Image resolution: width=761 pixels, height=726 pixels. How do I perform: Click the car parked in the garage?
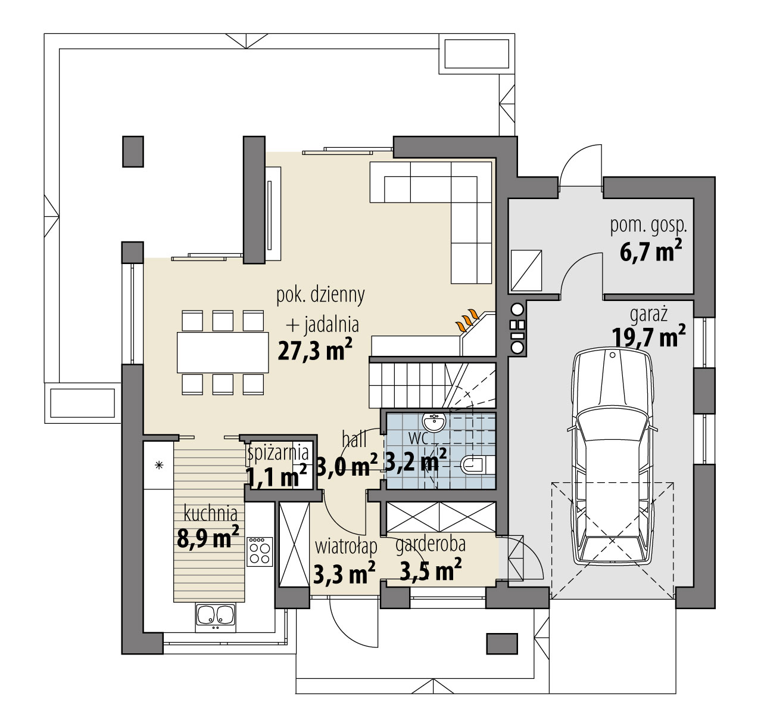click(x=612, y=457)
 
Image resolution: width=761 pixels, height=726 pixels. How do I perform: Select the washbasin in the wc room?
click(x=434, y=422)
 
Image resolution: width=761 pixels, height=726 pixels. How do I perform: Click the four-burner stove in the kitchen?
click(x=260, y=551)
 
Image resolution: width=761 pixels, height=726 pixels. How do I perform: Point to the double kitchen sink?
click(x=216, y=615)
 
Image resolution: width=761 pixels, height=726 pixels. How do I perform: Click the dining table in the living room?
click(x=223, y=352)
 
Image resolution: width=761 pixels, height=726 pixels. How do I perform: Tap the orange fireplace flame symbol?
click(x=468, y=320)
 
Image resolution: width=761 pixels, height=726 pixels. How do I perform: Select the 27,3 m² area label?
click(x=315, y=349)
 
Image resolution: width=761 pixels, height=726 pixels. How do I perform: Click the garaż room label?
click(x=648, y=314)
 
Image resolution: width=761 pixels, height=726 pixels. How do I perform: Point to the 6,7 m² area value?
click(x=651, y=252)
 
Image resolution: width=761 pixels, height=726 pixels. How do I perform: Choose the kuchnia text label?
click(x=211, y=513)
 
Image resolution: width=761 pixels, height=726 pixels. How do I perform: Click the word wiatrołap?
click(x=346, y=547)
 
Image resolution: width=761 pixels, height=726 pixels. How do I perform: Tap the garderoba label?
click(x=431, y=544)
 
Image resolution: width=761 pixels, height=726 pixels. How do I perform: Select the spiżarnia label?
click(x=278, y=453)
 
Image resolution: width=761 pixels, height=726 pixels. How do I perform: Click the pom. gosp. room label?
click(x=648, y=227)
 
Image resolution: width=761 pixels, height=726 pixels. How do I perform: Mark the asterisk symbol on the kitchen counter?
click(x=159, y=465)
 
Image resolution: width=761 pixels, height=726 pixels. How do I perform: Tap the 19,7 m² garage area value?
click(x=648, y=336)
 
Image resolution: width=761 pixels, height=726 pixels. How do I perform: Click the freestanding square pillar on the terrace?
click(x=133, y=151)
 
